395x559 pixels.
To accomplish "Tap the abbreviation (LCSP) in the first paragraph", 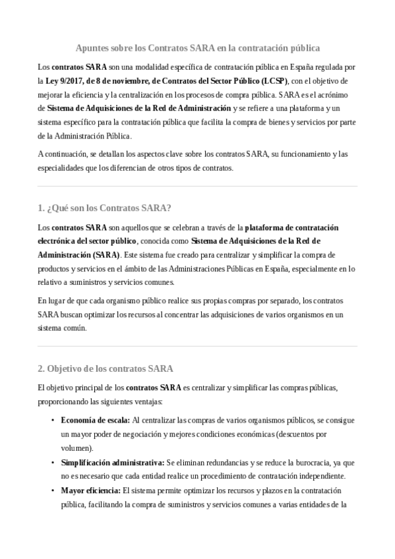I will [x=273, y=81].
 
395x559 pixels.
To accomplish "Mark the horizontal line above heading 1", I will [x=197, y=187].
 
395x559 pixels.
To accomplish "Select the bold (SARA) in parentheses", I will [x=106, y=254].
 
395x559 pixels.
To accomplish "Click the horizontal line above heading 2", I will [x=197, y=346].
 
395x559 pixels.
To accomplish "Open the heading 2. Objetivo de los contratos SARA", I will [x=106, y=368].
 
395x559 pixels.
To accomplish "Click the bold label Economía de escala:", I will [x=96, y=419].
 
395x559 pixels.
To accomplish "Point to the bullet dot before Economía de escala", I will [x=53, y=419].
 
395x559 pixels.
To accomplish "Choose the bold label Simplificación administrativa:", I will [x=112, y=462].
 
